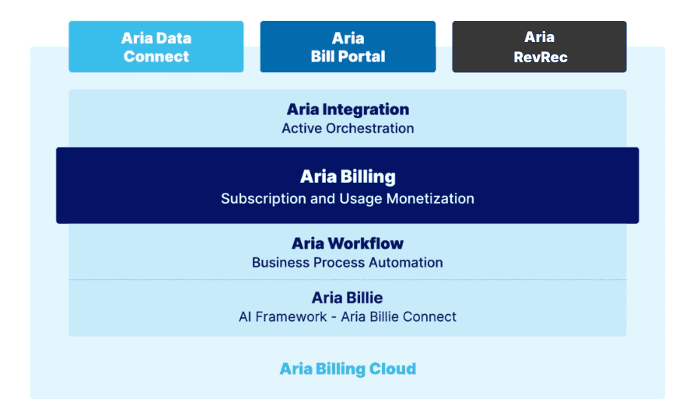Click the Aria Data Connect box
pyautogui.click(x=156, y=47)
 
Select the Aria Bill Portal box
pyautogui.click(x=348, y=47)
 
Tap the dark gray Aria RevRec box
pyautogui.click(x=539, y=47)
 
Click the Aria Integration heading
pyautogui.click(x=348, y=110)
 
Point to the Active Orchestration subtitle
pyautogui.click(x=348, y=128)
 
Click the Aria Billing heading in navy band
pyautogui.click(x=348, y=177)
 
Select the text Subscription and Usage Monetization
pyautogui.click(x=348, y=198)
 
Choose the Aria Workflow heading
pyautogui.click(x=348, y=243)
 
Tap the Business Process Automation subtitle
pyautogui.click(x=348, y=263)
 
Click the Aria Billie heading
pyautogui.click(x=348, y=298)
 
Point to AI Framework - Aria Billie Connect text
pyautogui.click(x=348, y=316)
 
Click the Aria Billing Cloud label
pyautogui.click(x=348, y=369)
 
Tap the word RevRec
pyautogui.click(x=539, y=57)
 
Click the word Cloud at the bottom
pyautogui.click(x=393, y=369)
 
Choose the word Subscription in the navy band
pyautogui.click(x=264, y=198)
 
